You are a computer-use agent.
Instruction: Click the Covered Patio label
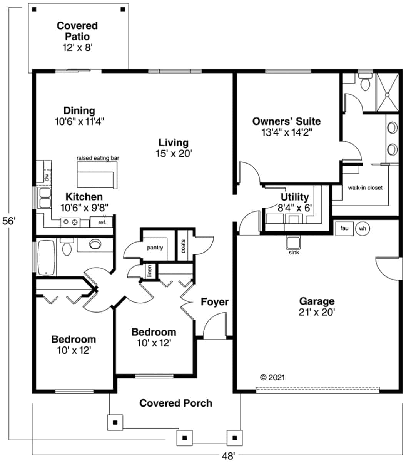[x=77, y=31]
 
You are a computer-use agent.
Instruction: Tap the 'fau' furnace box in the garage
[x=344, y=228]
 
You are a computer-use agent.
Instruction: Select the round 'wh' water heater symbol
[x=362, y=228]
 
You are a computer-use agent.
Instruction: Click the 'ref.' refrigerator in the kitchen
[x=102, y=222]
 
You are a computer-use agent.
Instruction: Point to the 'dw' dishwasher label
[x=47, y=177]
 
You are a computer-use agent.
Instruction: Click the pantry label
[x=155, y=248]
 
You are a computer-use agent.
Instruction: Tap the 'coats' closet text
[x=182, y=246]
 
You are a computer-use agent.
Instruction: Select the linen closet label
[x=149, y=271]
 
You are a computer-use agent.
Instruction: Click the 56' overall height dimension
[x=9, y=221]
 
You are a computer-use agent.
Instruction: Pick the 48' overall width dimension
[x=228, y=456]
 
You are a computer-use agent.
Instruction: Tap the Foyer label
[x=214, y=302]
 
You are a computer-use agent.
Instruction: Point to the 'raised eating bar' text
[x=98, y=158]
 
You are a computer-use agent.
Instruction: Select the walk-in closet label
[x=365, y=188]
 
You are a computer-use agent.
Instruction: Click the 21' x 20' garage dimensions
[x=317, y=312]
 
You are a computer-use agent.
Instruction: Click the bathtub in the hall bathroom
[x=46, y=257]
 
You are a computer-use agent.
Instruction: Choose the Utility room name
[x=294, y=197]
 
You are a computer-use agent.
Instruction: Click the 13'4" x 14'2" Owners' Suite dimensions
[x=286, y=132]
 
